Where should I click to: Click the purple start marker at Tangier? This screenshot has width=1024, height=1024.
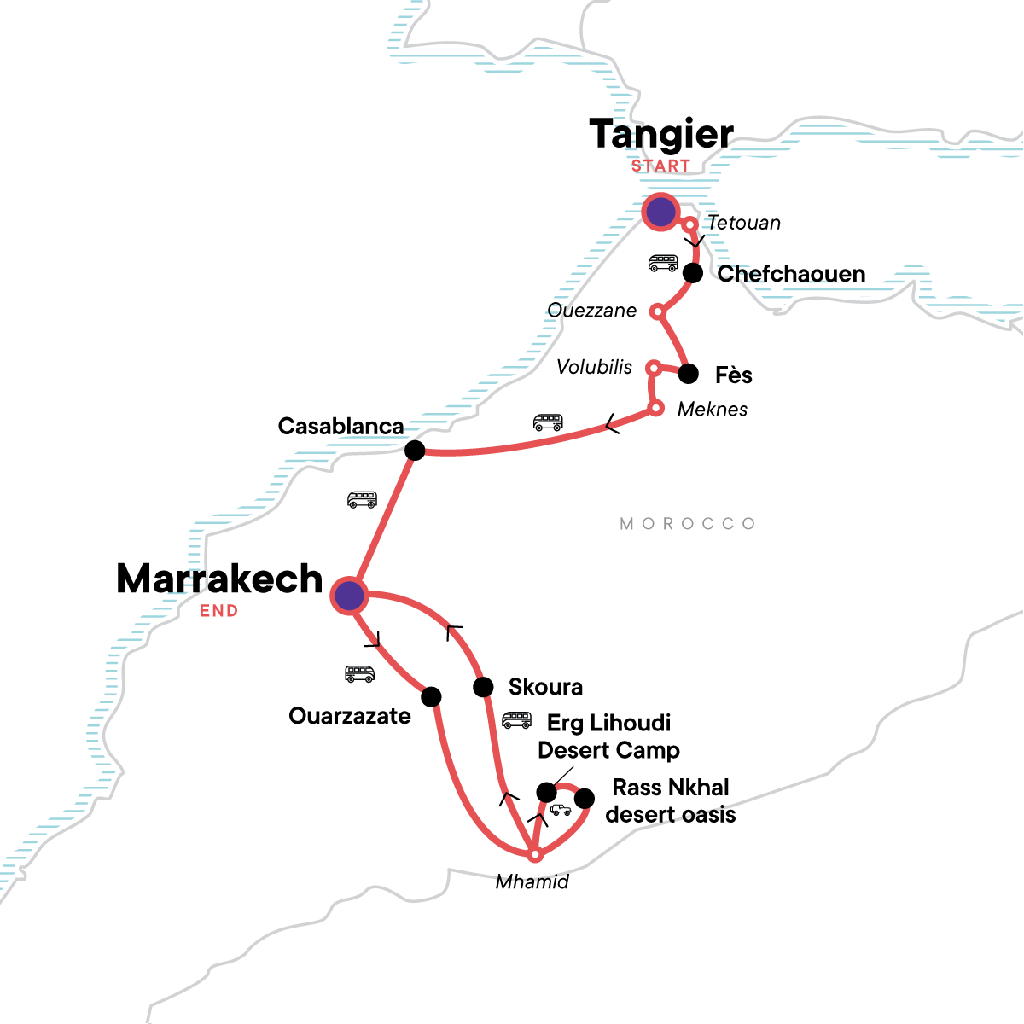[x=660, y=212]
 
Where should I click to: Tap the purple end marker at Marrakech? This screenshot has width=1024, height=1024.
[x=348, y=596]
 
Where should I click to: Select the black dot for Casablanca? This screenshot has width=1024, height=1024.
[x=414, y=451]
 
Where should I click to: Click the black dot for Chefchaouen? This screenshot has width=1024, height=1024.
[x=693, y=273]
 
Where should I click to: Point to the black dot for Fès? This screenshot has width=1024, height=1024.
[x=688, y=374]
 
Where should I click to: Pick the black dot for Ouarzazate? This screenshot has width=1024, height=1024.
[x=432, y=697]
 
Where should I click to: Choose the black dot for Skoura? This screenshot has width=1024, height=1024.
[x=483, y=687]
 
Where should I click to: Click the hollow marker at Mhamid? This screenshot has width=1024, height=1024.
[x=534, y=854]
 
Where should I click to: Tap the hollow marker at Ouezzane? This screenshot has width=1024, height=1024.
[x=657, y=311]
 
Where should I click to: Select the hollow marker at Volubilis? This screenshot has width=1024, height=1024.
[x=653, y=368]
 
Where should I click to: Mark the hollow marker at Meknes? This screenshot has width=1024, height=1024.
[x=655, y=408]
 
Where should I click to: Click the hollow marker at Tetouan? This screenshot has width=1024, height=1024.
[x=690, y=224]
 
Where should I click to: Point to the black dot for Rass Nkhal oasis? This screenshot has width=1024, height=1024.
[x=585, y=799]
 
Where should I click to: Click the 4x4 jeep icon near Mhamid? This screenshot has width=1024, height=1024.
[x=561, y=810]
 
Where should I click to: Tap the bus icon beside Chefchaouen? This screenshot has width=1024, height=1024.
[x=663, y=263]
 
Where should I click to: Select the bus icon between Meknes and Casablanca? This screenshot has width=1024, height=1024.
[x=548, y=422]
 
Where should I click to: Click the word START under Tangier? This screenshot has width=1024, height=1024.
[x=660, y=166]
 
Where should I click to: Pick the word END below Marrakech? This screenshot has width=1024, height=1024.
[x=218, y=611]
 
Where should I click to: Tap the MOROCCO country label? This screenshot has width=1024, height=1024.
[x=688, y=523]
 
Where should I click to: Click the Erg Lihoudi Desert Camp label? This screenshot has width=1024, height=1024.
[x=608, y=736]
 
